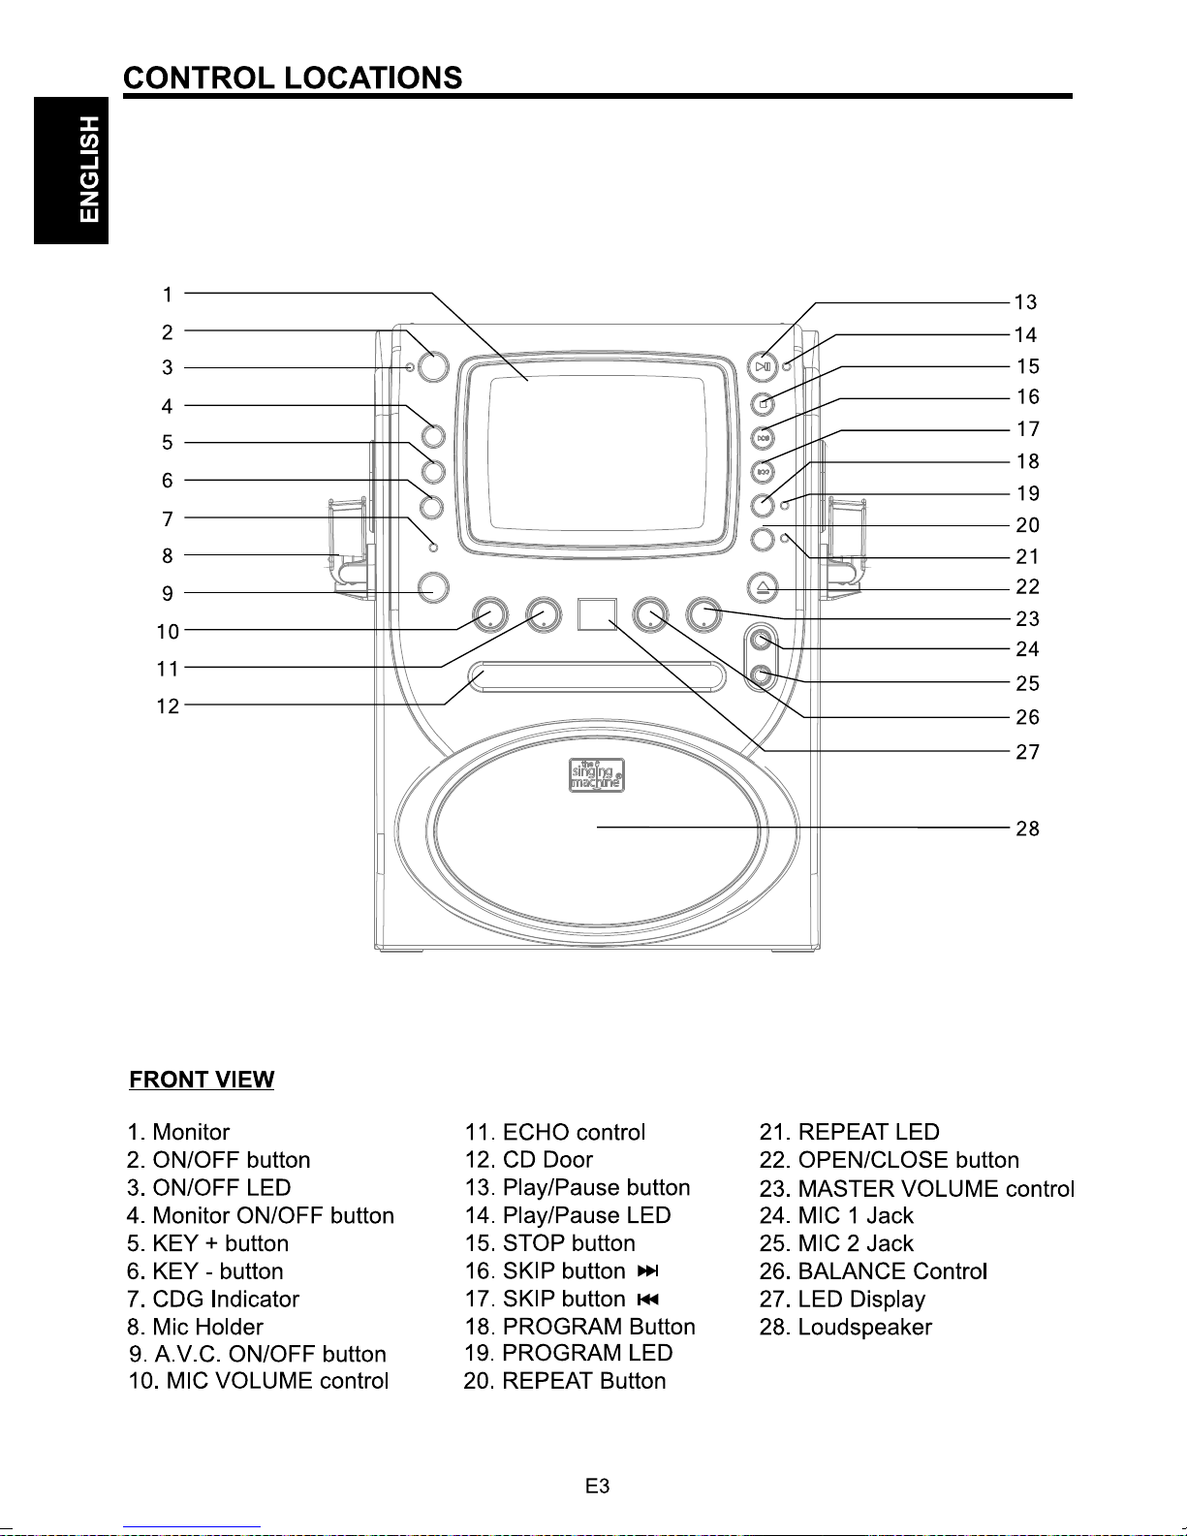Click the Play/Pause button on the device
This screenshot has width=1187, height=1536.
coord(763,366)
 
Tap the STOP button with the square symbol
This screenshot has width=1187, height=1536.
coord(763,404)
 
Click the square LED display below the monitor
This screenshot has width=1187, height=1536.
coord(597,614)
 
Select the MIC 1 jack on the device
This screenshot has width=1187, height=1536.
coord(761,642)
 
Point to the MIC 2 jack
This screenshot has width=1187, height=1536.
coord(761,675)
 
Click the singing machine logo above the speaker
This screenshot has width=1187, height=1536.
coord(597,775)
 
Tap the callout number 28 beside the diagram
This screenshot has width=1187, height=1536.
coord(1027,829)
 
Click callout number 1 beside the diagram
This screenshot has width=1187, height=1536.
coord(168,294)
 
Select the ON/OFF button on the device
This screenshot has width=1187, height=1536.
coord(433,366)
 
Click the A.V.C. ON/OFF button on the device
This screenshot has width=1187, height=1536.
coord(433,586)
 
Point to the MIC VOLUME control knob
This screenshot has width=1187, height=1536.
coord(489,614)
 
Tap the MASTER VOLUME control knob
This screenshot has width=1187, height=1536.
coord(704,614)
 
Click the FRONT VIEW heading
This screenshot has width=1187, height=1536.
coord(202,1080)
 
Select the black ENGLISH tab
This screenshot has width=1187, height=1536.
coord(71,171)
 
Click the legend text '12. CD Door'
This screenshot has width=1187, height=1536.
coord(528,1160)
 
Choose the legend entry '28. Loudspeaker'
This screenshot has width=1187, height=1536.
coord(845,1327)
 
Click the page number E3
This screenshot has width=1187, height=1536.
coord(597,1487)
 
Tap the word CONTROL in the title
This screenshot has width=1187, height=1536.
coord(199,78)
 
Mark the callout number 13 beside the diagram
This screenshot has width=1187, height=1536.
coord(1025,302)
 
